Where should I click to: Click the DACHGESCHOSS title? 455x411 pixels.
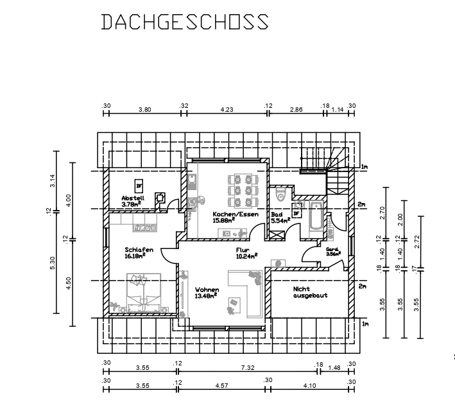(x=185, y=21)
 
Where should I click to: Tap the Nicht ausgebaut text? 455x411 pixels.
(x=310, y=292)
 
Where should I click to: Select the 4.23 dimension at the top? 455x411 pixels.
(x=227, y=110)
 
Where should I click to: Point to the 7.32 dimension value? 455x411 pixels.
(x=248, y=368)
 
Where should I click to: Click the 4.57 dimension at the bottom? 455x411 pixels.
(x=221, y=386)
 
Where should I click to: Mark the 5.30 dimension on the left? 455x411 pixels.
(x=53, y=263)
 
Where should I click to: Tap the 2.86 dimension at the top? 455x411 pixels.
(x=296, y=110)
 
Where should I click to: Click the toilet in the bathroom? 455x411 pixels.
(x=280, y=194)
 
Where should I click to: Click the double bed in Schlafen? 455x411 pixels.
(x=144, y=293)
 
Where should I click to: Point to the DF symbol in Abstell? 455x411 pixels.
(x=139, y=186)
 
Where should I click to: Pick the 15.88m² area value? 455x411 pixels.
(x=224, y=220)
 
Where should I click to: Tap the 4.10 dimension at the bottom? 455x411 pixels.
(x=309, y=386)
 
